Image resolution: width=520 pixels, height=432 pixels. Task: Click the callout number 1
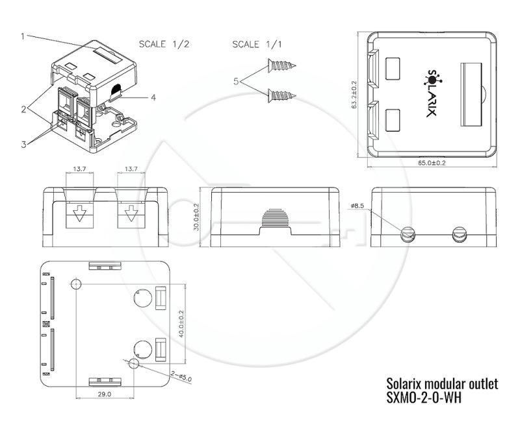21,36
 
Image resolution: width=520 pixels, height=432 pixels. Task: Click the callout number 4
153,99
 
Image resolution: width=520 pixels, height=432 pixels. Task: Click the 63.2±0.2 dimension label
354,95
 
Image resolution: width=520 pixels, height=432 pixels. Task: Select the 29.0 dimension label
105,394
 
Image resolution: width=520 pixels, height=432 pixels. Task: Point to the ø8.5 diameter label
358,206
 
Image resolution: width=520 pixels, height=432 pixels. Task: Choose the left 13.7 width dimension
80,169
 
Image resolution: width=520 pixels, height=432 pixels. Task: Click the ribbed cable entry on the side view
276,220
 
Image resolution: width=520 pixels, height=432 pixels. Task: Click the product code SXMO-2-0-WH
425,398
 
